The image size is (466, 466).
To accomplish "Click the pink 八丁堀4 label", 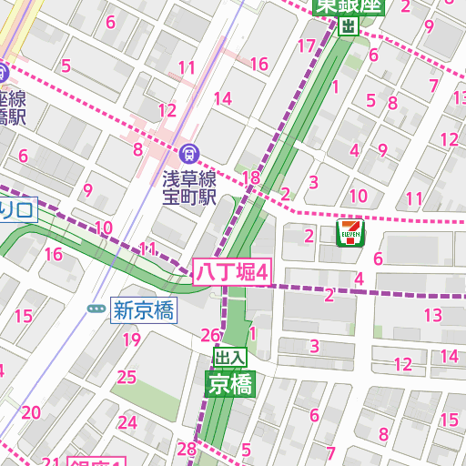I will coord(233,271).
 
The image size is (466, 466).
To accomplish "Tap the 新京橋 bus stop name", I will coord(144,309).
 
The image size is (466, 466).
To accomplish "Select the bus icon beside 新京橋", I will coord(96,309).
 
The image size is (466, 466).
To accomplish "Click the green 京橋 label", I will coord(229,384).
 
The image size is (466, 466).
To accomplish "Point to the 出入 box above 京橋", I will coord(229,356).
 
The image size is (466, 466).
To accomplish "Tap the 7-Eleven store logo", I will coord(350,232).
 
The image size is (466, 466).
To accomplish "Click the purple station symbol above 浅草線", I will coord(188,153).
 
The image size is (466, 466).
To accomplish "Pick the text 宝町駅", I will coord(188,197).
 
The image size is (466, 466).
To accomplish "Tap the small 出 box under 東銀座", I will coord(348,27).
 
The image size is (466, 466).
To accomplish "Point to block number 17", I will coord(306,46).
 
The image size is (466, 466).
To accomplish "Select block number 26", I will coord(210,334).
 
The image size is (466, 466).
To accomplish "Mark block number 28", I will coord(187,448).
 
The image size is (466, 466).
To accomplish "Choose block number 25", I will coord(127,376).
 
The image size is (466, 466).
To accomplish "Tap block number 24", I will coord(127,422).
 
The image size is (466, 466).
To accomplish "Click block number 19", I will coord(132,340).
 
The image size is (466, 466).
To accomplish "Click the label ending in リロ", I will coord(16,211).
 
